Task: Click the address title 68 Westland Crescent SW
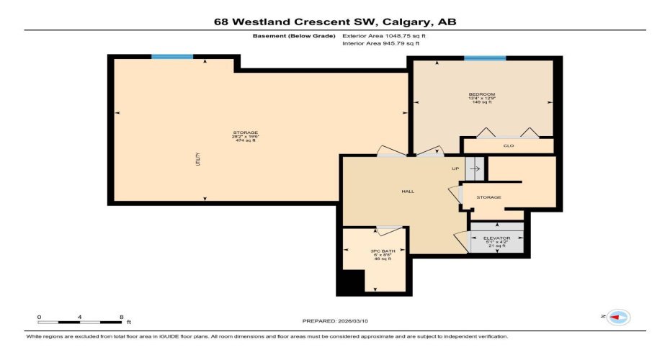pos(335,22)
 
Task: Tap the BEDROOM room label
pos(481,95)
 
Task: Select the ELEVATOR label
pos(496,238)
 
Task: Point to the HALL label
pos(407,192)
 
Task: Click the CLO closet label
pos(508,146)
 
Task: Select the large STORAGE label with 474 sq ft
pos(245,133)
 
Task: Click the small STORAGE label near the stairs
pos(489,197)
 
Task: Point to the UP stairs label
pos(455,169)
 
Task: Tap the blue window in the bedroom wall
pos(484,58)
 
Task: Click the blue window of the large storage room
pos(172,56)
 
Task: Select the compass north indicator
pos(617,317)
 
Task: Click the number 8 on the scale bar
pos(120,317)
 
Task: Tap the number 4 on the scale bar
pos(79,317)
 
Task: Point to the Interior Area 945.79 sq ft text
pos(380,44)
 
